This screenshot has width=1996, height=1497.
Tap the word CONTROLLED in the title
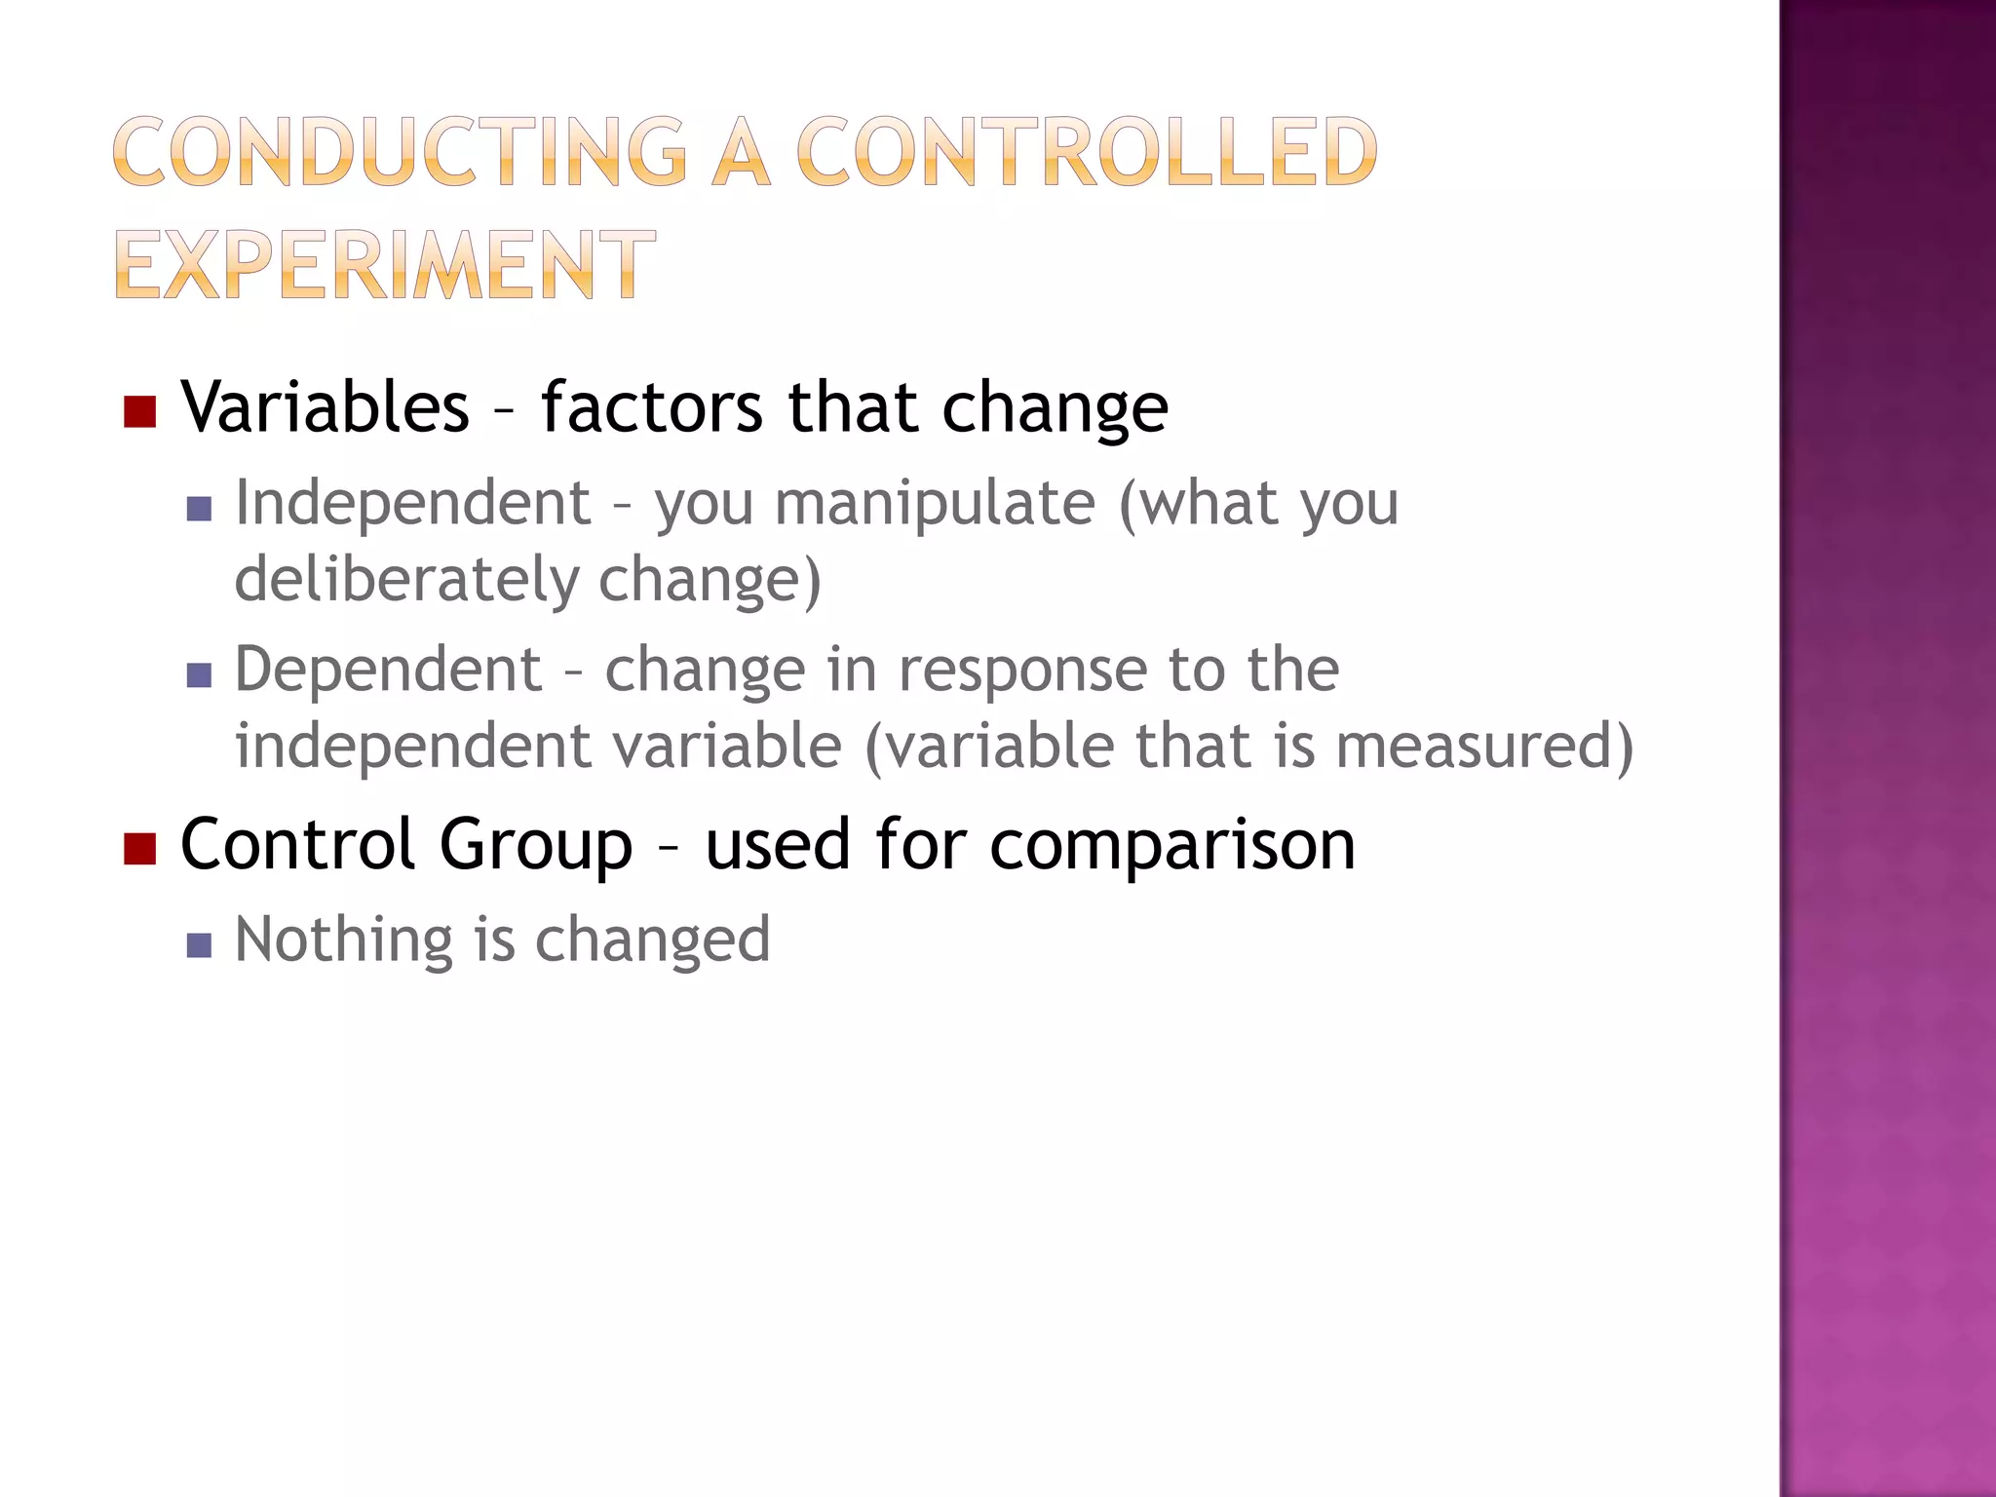1087,152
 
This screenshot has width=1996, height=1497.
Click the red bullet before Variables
140,412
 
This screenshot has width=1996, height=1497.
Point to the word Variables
326,406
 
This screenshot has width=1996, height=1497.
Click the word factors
652,406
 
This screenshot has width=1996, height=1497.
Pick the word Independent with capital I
413,503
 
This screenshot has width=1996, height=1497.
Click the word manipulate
935,503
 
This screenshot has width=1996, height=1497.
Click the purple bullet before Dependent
199,675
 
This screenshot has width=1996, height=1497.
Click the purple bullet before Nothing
199,945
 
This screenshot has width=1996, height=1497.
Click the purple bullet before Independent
199,509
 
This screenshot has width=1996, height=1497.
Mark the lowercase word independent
413,747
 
